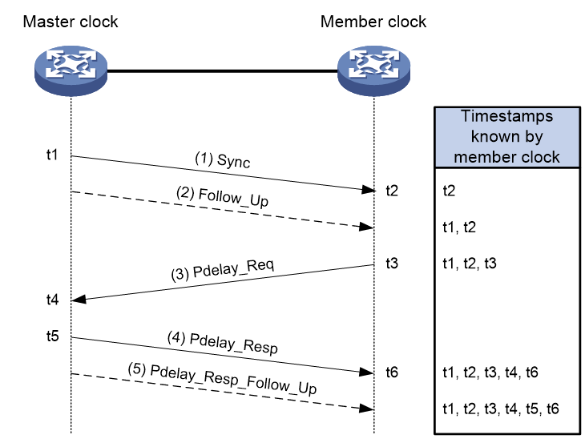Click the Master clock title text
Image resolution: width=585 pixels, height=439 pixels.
(71, 22)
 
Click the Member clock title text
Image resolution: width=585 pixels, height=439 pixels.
(373, 22)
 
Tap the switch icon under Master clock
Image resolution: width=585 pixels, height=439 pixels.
(71, 70)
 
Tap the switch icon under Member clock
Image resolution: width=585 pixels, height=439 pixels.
(373, 70)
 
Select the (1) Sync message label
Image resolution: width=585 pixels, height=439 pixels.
(223, 160)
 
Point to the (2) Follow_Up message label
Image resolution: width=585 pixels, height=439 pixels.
(222, 196)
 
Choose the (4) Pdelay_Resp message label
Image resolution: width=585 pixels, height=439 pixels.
(223, 343)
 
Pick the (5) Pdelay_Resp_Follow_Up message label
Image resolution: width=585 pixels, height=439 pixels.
(222, 379)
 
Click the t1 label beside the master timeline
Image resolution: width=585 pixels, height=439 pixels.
(52, 155)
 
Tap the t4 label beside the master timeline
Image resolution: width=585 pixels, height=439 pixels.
(52, 300)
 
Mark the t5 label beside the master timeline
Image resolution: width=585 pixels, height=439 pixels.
(52, 336)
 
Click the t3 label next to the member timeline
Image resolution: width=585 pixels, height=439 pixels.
(392, 264)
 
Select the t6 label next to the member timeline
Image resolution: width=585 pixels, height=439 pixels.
(392, 373)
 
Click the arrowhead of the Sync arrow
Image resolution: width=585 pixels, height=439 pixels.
(369, 190)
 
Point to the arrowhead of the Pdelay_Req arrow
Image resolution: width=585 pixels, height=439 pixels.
(79, 299)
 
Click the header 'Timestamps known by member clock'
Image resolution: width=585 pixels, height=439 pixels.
(506, 136)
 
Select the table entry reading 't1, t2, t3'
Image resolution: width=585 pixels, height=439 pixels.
(470, 264)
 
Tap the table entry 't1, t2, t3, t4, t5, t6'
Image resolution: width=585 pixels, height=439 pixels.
(501, 409)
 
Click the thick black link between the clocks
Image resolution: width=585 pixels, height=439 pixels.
(222, 70)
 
